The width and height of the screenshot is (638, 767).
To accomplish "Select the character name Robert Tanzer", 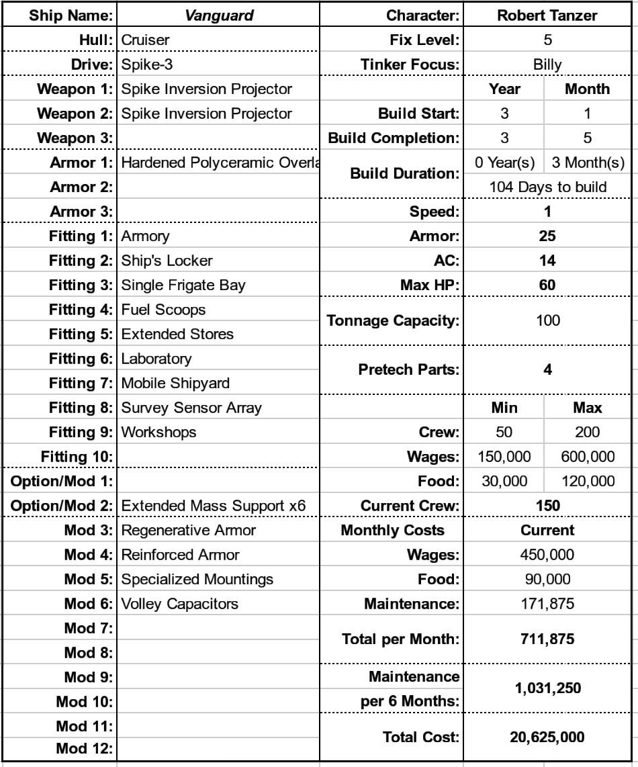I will [547, 15].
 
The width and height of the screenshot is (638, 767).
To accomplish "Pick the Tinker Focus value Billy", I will [547, 64].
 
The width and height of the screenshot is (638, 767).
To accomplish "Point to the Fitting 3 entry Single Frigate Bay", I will [183, 285].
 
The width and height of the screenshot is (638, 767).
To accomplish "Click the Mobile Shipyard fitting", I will [175, 384].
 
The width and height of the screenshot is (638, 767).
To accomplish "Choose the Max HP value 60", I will [547, 285].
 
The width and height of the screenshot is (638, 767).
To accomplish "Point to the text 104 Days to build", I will [547, 187].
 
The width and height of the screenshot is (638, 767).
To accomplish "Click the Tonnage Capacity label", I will [392, 322].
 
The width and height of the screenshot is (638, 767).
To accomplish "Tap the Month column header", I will [587, 89].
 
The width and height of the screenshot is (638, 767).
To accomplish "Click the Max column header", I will [587, 408].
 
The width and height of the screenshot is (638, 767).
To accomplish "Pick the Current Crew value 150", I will [547, 504].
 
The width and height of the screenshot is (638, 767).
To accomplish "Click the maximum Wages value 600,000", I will [587, 457].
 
